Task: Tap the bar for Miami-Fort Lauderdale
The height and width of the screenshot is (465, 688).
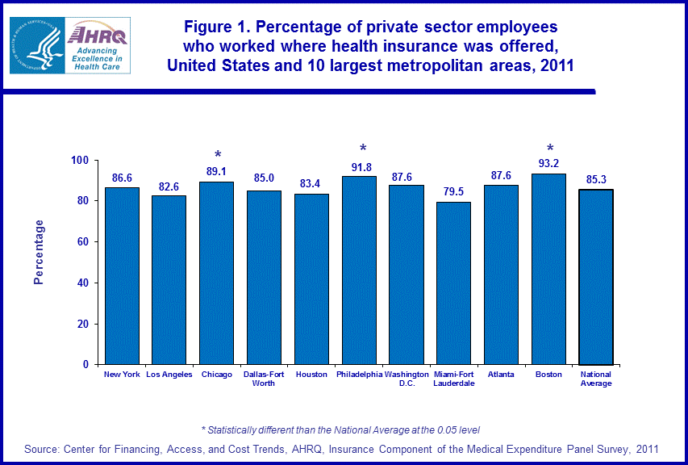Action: coord(454,283)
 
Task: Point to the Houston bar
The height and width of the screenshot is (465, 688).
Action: coord(311,279)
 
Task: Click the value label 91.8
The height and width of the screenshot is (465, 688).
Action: coord(360,168)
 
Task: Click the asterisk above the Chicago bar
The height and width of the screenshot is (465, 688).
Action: coord(217,155)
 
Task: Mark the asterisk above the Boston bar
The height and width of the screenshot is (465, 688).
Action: coord(550,149)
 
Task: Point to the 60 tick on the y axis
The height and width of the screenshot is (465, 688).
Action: coord(81,241)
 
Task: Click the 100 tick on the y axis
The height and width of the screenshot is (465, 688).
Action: coord(78,160)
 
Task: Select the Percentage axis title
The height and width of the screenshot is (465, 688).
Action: coord(39,252)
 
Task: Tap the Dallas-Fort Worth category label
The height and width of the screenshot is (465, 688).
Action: coord(264,379)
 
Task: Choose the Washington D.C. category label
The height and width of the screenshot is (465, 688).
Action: coord(407,379)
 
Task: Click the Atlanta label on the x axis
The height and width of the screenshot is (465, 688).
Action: coord(502,375)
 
